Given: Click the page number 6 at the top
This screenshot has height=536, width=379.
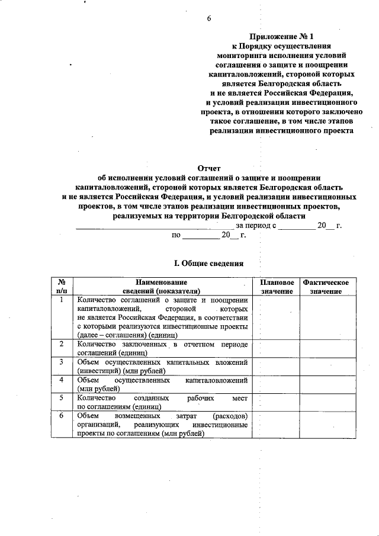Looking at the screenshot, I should (208, 18).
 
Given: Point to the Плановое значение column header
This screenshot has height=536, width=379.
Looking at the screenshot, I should (275, 287).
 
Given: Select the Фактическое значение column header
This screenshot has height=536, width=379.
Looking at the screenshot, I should (325, 287).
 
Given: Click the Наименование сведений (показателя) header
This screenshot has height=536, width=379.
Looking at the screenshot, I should (161, 287).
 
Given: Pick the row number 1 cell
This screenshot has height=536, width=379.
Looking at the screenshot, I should (62, 300).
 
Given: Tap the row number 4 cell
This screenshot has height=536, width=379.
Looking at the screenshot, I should (62, 379).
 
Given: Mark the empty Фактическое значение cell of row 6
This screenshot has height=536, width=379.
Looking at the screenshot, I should (325, 424).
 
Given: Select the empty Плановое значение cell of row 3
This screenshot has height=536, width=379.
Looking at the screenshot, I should (275, 365).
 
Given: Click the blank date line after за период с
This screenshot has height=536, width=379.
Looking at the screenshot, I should (297, 226).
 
